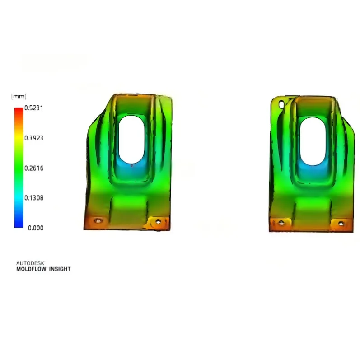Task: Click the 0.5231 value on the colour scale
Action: coord(34,108)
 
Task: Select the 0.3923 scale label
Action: coord(34,138)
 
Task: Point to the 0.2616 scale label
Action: coord(34,168)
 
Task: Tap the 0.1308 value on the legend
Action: coord(34,198)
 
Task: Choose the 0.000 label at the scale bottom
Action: coord(36,228)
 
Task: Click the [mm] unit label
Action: coord(19,96)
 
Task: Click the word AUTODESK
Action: coord(31,263)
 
